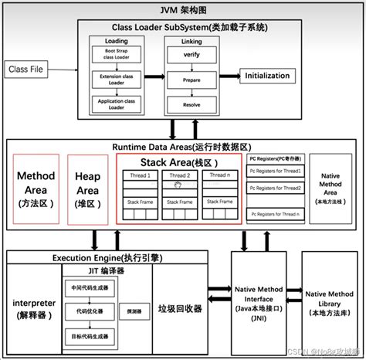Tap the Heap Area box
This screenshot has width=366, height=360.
tap(86, 189)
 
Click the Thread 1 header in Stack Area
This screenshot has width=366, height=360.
tap(139, 175)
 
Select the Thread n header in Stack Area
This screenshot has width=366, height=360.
tap(219, 175)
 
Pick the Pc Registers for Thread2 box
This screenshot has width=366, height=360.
tap(275, 188)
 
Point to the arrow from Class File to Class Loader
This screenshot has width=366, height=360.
tap(66, 69)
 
